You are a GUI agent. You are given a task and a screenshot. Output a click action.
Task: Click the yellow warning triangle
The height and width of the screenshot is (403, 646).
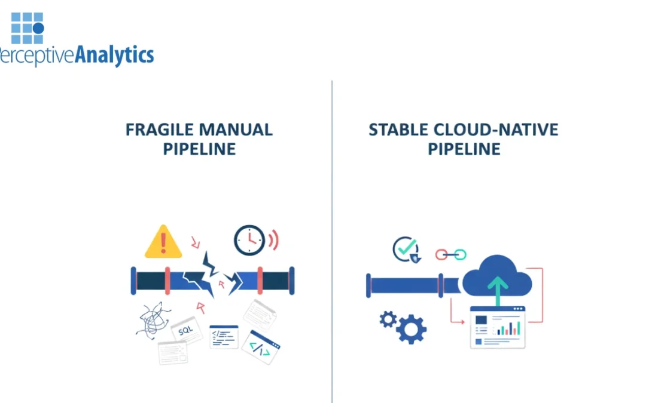(163, 242)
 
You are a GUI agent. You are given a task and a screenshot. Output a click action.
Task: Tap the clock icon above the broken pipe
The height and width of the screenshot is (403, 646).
(249, 240)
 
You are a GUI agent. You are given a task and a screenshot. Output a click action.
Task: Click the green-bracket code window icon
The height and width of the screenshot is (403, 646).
(261, 347)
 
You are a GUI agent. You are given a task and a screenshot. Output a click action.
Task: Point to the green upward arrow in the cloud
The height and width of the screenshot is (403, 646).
(496, 289)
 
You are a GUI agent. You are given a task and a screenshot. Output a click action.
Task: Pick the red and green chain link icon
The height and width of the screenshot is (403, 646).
(450, 255)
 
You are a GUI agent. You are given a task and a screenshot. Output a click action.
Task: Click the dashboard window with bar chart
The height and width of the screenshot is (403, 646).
(497, 327)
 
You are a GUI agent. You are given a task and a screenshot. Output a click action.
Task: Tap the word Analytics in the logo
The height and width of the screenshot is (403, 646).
(114, 56)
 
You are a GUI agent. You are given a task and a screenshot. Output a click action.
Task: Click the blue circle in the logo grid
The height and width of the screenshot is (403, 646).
(38, 28)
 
